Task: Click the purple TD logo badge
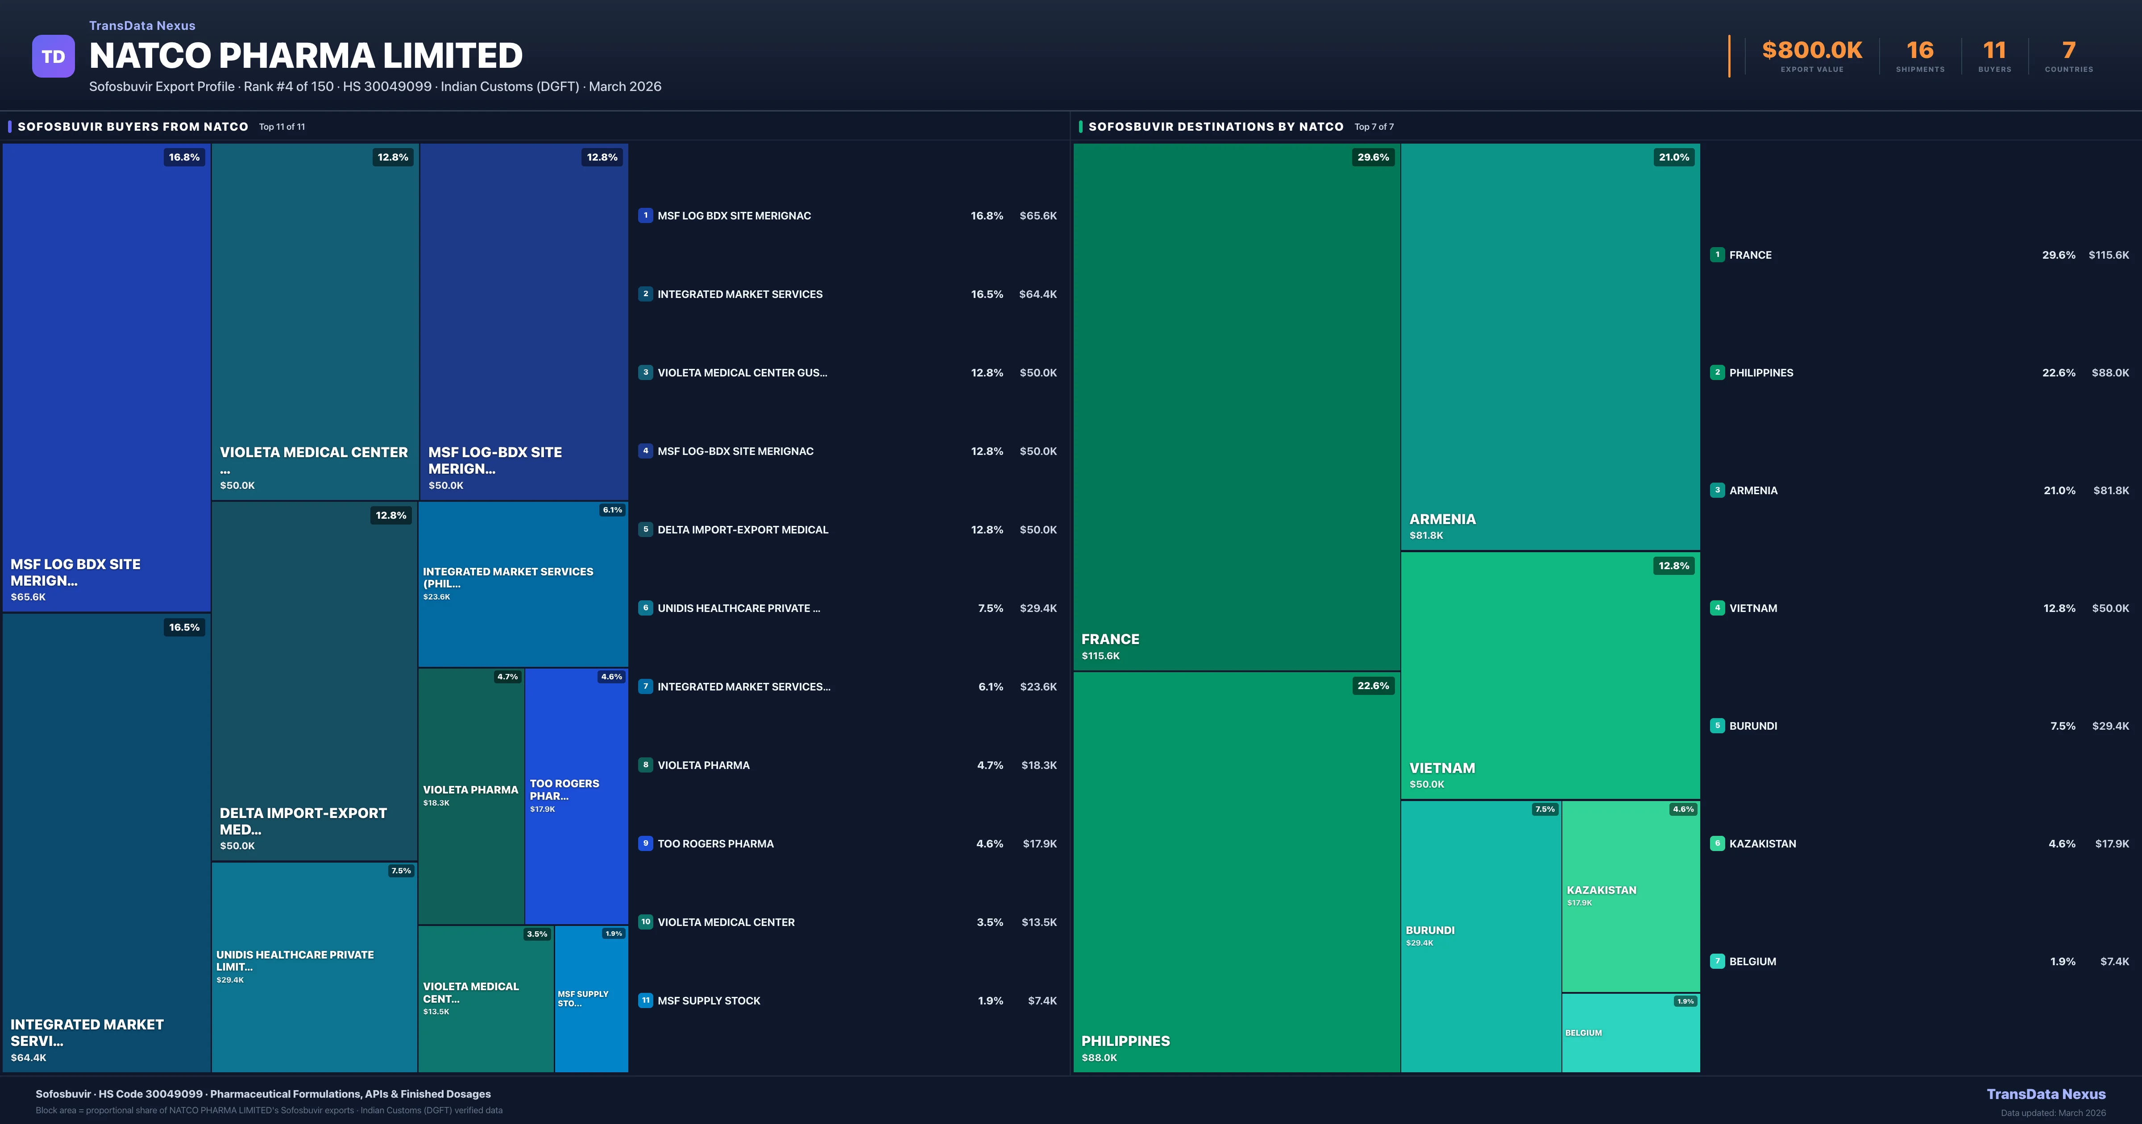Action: pos(53,57)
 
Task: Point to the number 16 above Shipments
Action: pos(1919,51)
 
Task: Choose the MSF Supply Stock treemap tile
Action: pos(591,999)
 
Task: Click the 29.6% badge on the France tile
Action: pos(1373,157)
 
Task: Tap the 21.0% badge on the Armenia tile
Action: pos(1673,157)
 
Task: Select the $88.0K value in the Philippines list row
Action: pos(2109,372)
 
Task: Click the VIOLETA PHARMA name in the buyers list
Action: pos(703,765)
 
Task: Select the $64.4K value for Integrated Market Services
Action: pos(1038,294)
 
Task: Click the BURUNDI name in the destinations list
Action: pos(1753,726)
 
